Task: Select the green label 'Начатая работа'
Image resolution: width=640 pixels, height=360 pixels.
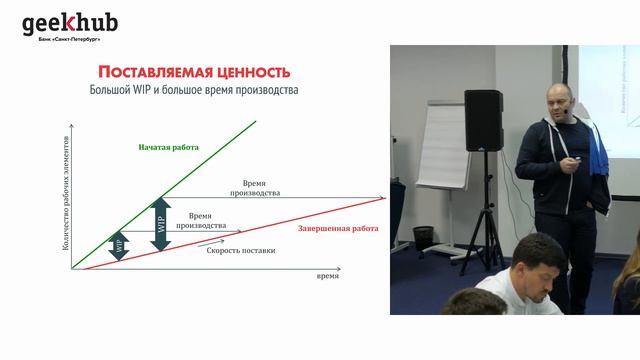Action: tap(168, 147)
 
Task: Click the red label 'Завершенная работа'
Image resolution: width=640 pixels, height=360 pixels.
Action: tap(338, 229)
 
